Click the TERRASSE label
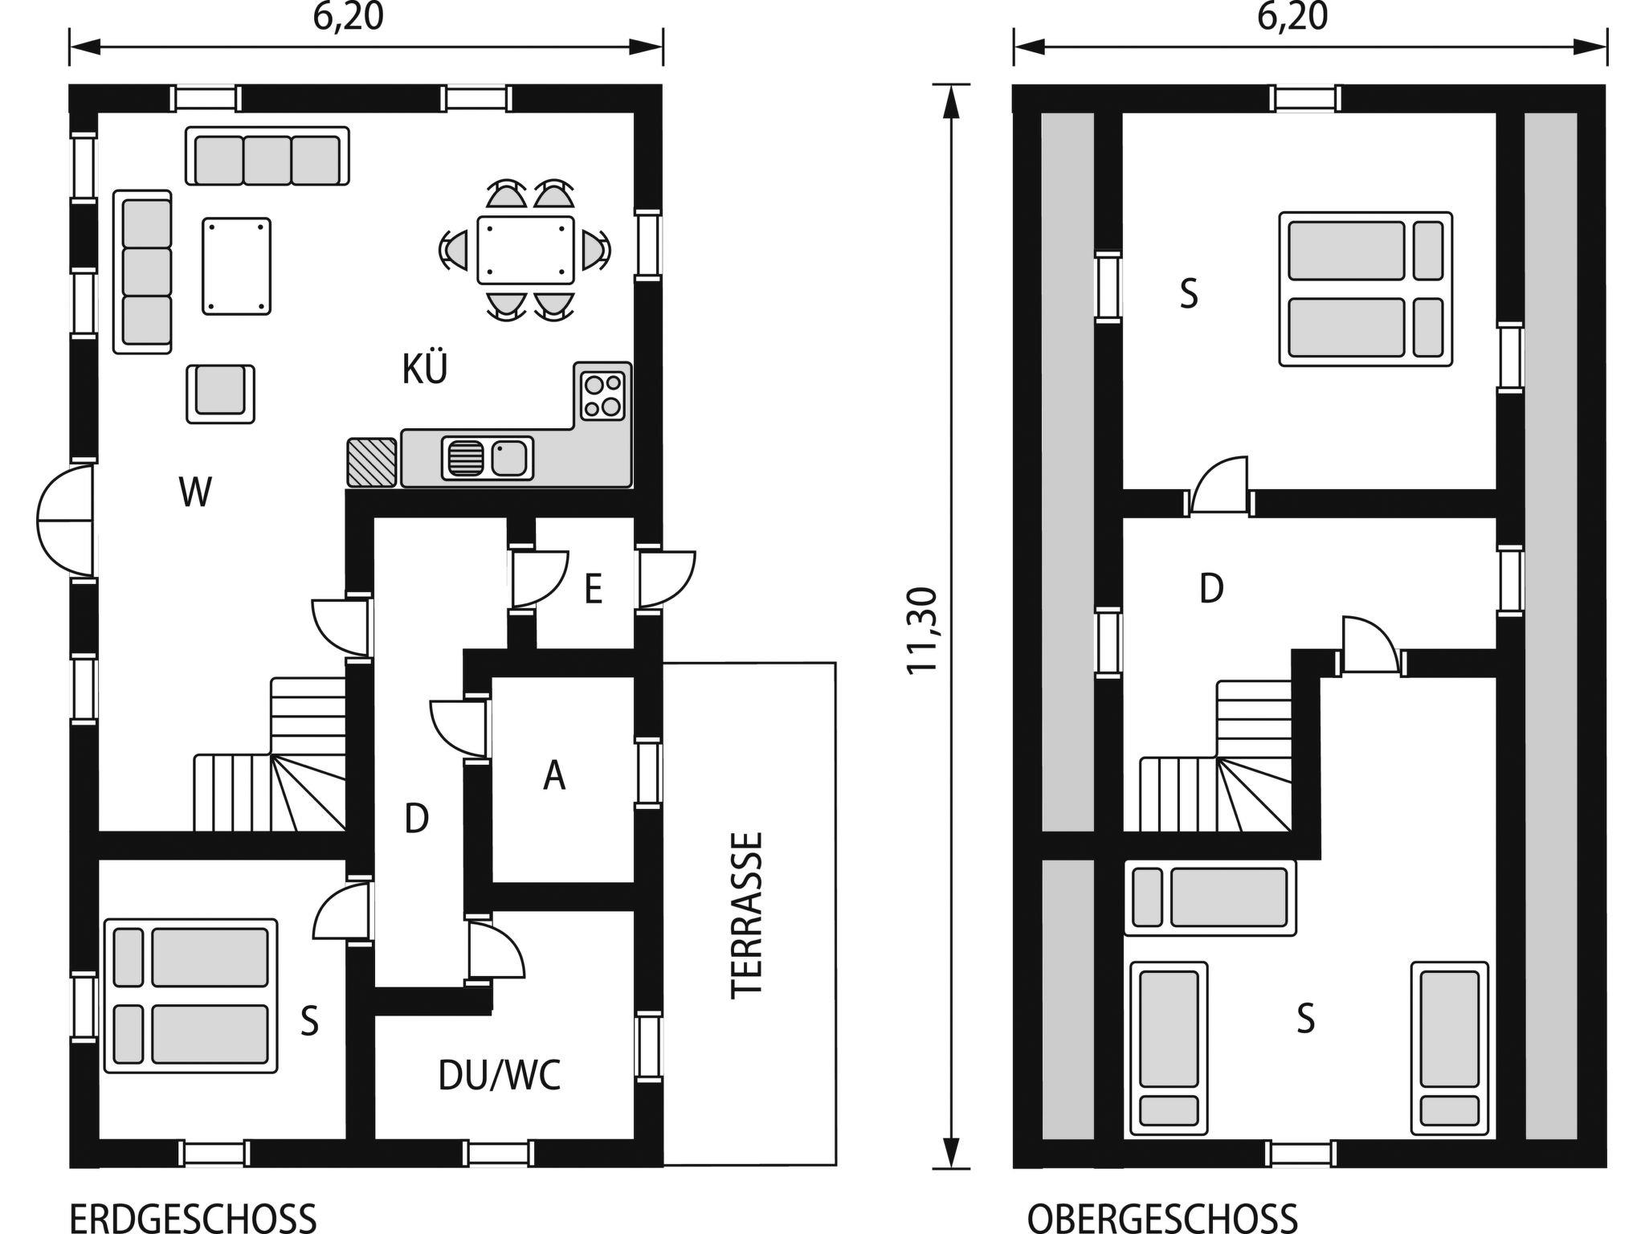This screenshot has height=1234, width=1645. [x=746, y=915]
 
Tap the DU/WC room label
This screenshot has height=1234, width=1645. [x=500, y=1076]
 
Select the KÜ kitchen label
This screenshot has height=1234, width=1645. [x=425, y=369]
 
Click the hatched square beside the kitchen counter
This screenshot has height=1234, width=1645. [x=372, y=463]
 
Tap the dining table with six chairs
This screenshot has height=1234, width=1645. [x=525, y=250]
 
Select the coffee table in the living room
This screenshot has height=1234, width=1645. [x=236, y=266]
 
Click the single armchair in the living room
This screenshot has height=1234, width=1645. [x=221, y=394]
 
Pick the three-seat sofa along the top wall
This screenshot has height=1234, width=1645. [x=267, y=156]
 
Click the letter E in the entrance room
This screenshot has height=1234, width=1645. [x=594, y=590]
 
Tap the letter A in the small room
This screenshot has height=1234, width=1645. [x=554, y=775]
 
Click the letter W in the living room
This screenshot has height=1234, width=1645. [x=196, y=492]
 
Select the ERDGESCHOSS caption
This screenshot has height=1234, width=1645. [x=194, y=1218]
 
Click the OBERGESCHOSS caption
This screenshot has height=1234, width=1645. [x=1162, y=1218]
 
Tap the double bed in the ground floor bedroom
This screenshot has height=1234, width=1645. [x=191, y=995]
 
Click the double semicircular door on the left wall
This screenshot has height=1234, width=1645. [x=66, y=521]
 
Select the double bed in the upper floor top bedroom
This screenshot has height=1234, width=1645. [x=1365, y=289]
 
